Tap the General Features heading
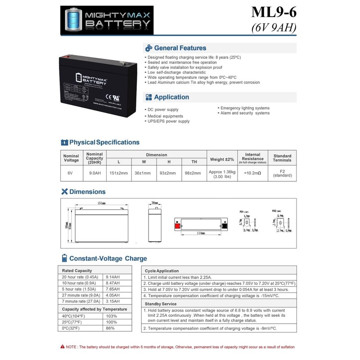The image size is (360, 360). pyautogui.click(x=180, y=48)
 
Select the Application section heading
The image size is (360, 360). pyautogui.click(x=171, y=97)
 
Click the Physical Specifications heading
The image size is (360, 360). pyautogui.click(x=104, y=142)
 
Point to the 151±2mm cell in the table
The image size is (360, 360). pyautogui.click(x=119, y=172)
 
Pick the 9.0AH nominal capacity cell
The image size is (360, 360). pyautogui.click(x=94, y=172)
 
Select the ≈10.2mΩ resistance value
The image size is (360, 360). pyautogui.click(x=252, y=172)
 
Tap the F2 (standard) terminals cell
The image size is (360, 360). pyautogui.click(x=282, y=173)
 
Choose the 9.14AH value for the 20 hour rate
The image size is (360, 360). pyautogui.click(x=112, y=277)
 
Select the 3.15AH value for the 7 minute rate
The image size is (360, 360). pyautogui.click(x=112, y=301)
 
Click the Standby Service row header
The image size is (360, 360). pyautogui.click(x=160, y=304)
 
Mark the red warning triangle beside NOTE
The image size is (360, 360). pyautogui.click(x=62, y=346)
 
